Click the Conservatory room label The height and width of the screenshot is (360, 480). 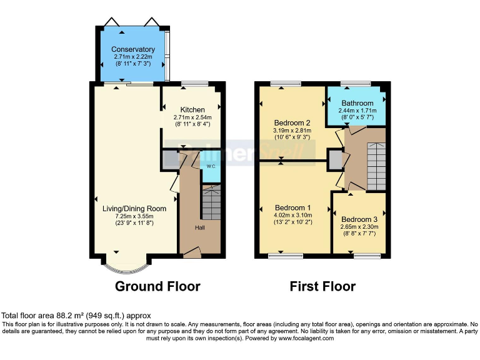(x=132, y=49)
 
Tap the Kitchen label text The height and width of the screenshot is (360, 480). (x=192, y=109)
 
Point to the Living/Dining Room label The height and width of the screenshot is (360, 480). (x=134, y=208)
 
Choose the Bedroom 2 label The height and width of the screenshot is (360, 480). (x=292, y=122)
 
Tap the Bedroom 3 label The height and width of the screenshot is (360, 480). (x=359, y=219)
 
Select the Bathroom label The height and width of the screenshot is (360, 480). (x=357, y=103)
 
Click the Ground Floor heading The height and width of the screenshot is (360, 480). (x=157, y=287)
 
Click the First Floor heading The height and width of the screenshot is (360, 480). (x=322, y=287)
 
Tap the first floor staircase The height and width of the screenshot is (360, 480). (x=375, y=165)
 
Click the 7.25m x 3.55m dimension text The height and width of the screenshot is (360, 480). (x=134, y=216)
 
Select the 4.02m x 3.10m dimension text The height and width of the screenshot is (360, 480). (x=292, y=215)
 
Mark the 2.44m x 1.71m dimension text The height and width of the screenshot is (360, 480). (x=357, y=110)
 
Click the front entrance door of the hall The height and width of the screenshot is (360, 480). (x=192, y=252)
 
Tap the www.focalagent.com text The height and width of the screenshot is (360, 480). (x=306, y=338)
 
